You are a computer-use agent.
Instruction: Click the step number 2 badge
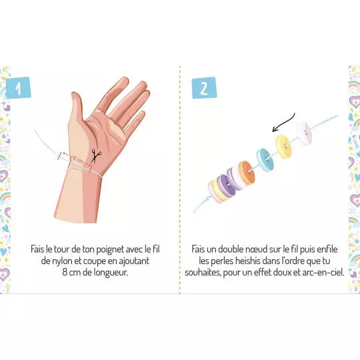pos(203,88)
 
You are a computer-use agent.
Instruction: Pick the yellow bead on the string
pos(283,146)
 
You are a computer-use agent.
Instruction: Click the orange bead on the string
pos(246,172)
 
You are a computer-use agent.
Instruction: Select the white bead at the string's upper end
pos(303,131)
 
